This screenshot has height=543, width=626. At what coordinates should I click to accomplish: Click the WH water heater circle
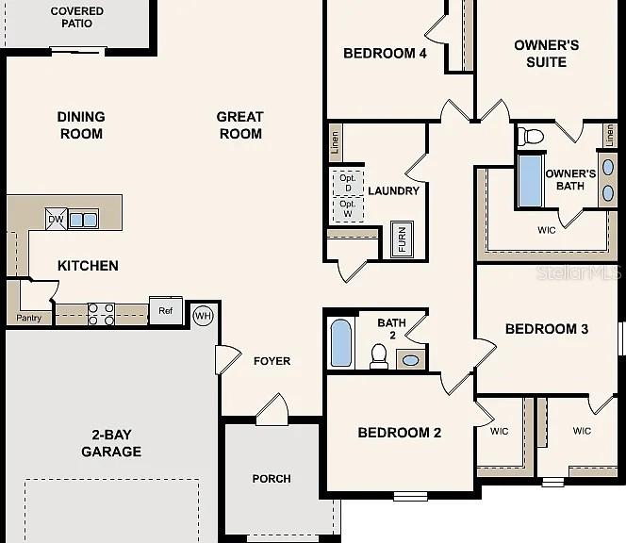click(204, 316)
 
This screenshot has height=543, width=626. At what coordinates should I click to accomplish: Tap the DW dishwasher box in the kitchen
click(56, 220)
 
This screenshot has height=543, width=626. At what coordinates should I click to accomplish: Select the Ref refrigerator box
click(166, 310)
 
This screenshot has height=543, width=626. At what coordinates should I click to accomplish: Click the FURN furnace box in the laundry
click(402, 239)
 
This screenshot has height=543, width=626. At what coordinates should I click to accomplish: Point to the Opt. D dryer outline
click(348, 183)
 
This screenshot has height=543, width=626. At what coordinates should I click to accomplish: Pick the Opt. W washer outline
click(348, 209)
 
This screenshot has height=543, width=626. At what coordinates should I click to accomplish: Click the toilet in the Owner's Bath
click(531, 137)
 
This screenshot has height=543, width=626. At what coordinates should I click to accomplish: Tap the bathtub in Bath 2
click(341, 342)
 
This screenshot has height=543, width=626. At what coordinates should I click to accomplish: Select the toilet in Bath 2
click(378, 356)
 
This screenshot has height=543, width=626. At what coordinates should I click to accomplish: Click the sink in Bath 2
click(410, 360)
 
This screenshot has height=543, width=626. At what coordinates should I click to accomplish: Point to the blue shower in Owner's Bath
click(531, 181)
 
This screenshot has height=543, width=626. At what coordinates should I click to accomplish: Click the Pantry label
click(28, 319)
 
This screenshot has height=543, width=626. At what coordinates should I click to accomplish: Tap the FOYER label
click(272, 361)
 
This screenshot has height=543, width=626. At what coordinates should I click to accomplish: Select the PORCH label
click(272, 478)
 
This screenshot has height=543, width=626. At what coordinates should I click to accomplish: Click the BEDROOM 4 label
click(385, 53)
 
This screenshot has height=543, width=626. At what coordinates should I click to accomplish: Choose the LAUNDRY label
click(394, 190)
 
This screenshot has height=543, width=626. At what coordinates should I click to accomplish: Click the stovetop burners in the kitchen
click(101, 314)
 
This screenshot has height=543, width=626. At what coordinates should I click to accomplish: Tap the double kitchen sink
click(83, 220)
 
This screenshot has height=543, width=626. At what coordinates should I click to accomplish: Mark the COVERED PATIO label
click(77, 17)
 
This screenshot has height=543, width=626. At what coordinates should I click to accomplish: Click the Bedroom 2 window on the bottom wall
click(410, 496)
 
